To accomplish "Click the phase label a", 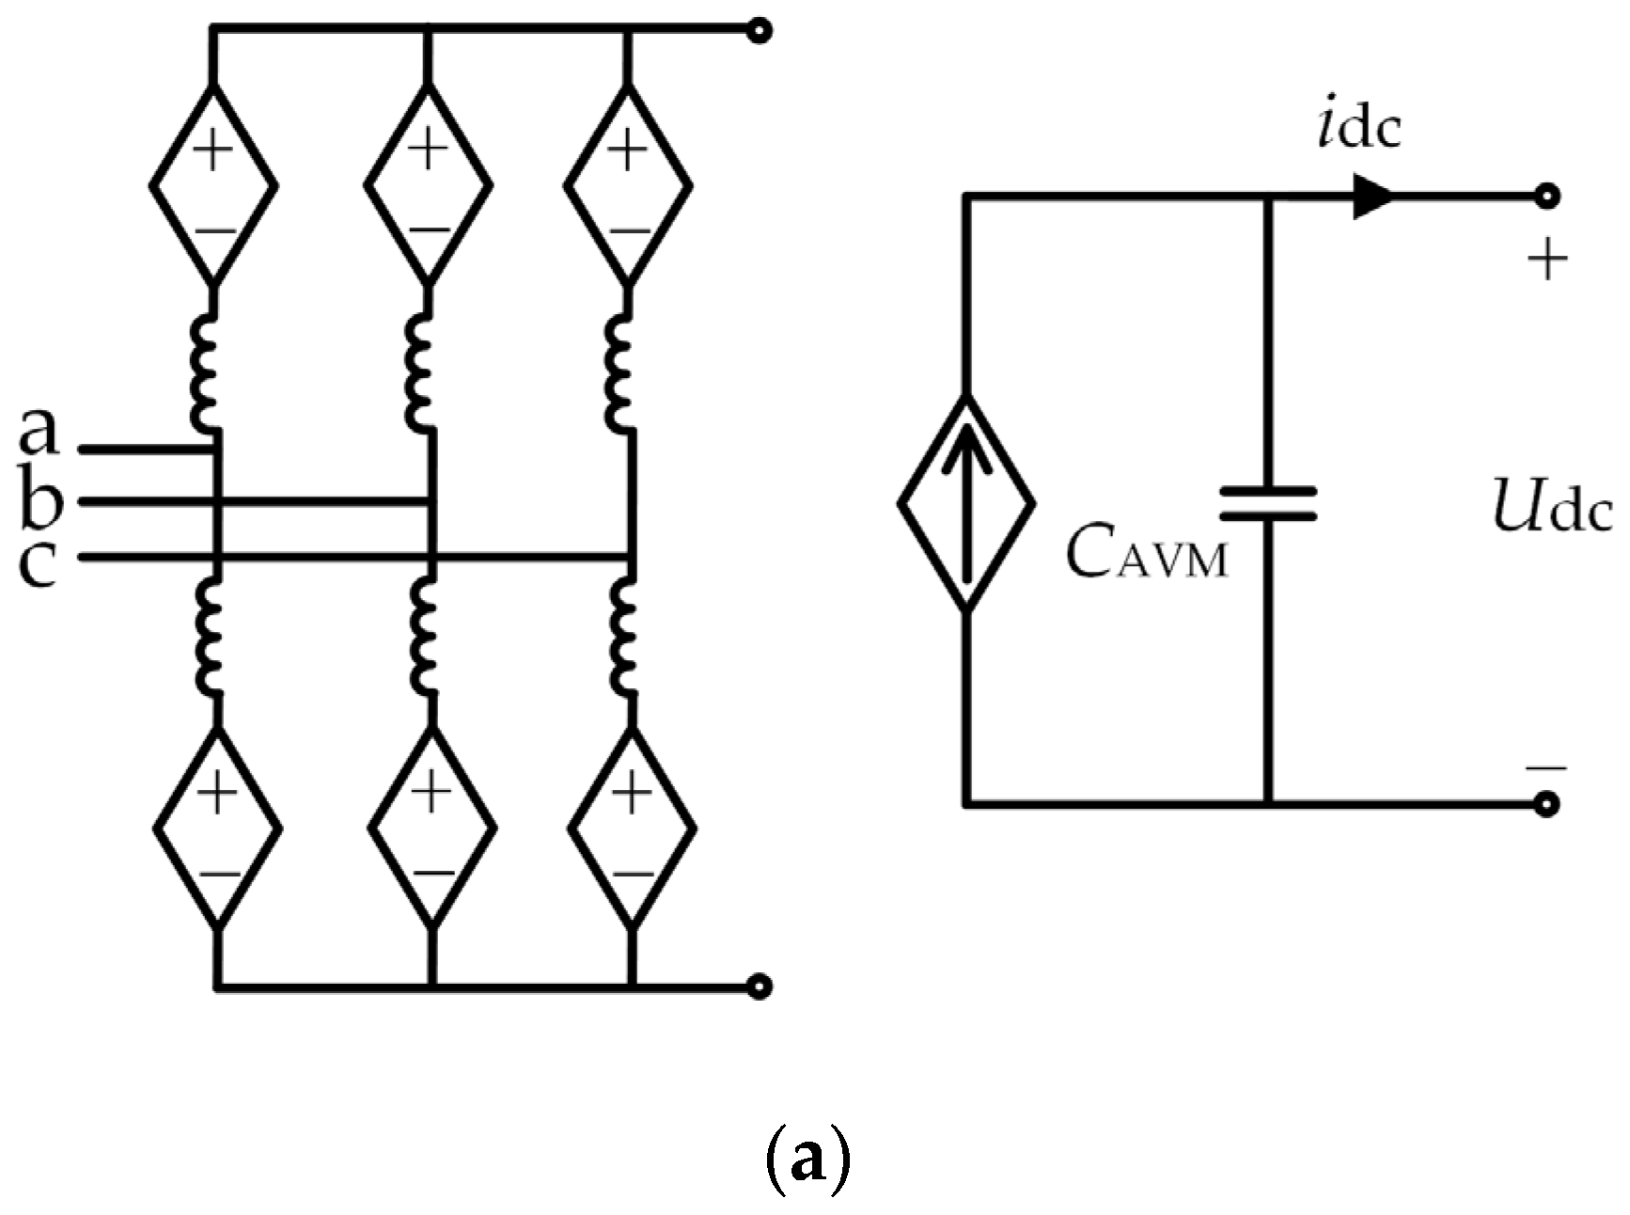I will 38,432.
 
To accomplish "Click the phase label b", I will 39,501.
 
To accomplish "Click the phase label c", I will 38,564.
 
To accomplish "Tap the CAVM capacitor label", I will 1147,555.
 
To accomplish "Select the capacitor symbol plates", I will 1268,503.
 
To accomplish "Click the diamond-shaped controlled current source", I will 966,504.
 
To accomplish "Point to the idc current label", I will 1358,127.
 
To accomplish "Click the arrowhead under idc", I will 1371,197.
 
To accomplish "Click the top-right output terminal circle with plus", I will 1546,197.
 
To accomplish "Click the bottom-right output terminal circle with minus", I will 1546,804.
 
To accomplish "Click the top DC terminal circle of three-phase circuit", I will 759,31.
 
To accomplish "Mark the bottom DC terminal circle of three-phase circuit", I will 759,986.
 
